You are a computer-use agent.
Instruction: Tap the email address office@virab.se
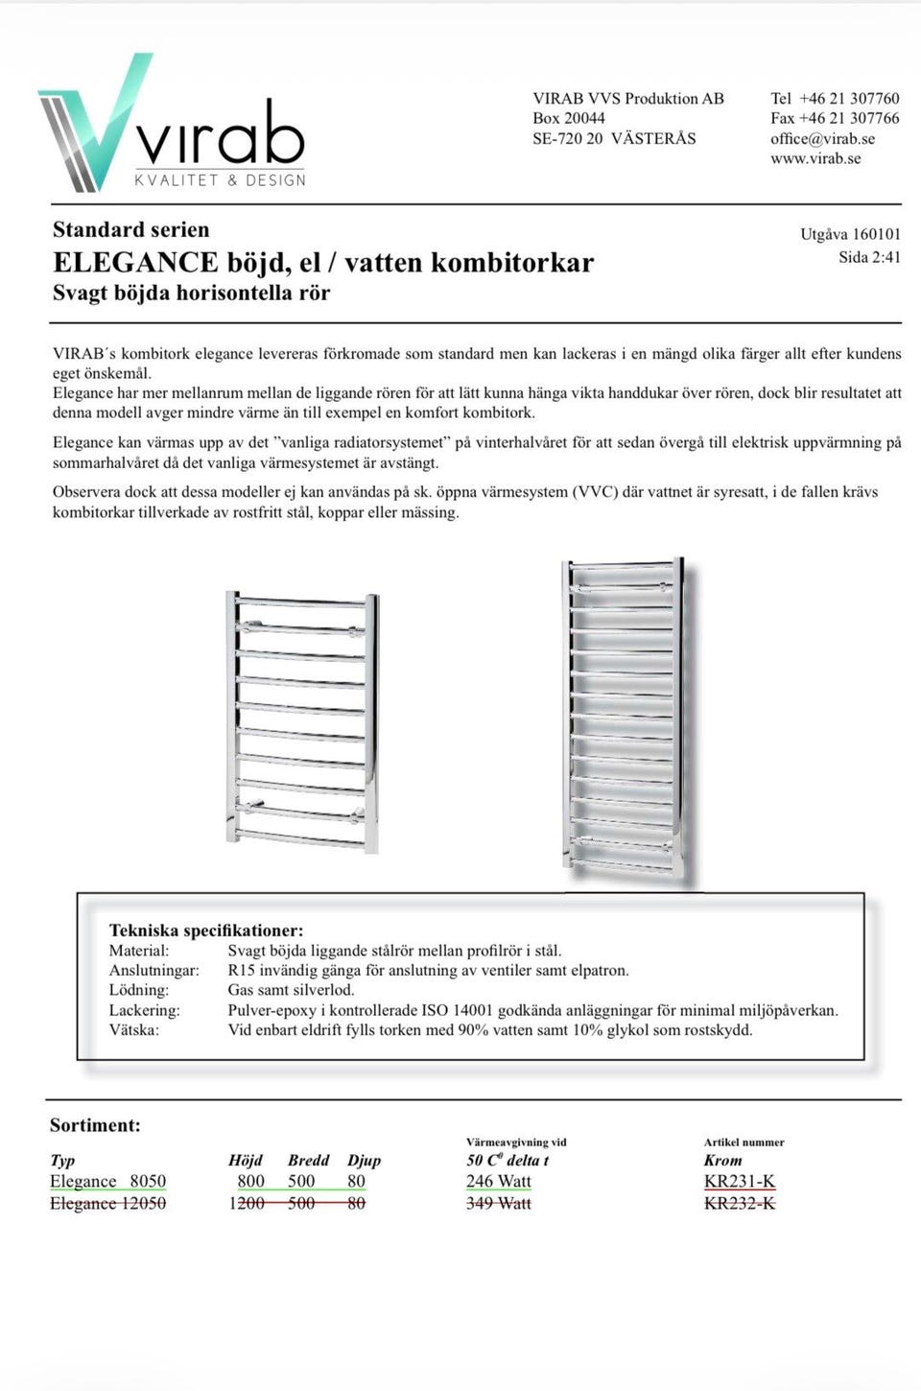(x=822, y=138)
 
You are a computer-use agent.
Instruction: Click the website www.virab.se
(x=815, y=158)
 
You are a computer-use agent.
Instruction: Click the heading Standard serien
(x=130, y=229)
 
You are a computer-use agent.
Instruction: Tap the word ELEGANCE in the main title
(x=135, y=262)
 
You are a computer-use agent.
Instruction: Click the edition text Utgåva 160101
(x=850, y=234)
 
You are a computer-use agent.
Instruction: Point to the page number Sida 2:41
(x=869, y=257)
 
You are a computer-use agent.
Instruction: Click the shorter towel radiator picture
(x=302, y=721)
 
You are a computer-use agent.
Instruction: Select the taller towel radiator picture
(x=625, y=719)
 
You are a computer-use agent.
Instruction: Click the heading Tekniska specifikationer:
(x=206, y=931)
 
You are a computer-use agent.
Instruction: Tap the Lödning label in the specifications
(x=139, y=990)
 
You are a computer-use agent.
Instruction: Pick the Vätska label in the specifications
(x=134, y=1030)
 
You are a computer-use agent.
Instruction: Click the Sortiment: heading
(x=95, y=1125)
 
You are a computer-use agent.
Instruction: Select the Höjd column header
(x=246, y=1161)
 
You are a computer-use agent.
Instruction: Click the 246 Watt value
(x=499, y=1182)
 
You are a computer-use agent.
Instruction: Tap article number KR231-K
(x=740, y=1182)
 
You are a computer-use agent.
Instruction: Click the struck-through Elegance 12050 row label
(x=107, y=1203)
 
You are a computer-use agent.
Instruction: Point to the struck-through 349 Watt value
(x=499, y=1203)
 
